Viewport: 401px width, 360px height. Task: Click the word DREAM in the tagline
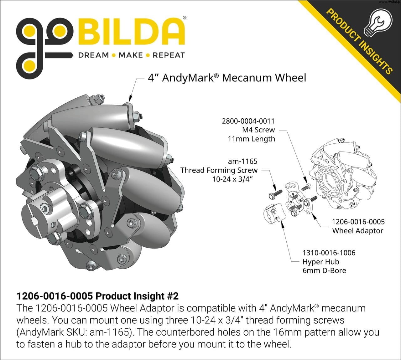94,55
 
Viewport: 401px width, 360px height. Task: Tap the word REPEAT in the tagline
169,55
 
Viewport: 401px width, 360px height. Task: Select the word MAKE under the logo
131,55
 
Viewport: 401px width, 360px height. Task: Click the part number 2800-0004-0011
248,121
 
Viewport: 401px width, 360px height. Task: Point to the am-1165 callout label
243,162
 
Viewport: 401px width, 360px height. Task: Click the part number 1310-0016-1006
329,253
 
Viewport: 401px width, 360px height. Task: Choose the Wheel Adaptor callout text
358,231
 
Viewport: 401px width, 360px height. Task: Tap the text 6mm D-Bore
324,270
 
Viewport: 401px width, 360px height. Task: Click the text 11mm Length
251,139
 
